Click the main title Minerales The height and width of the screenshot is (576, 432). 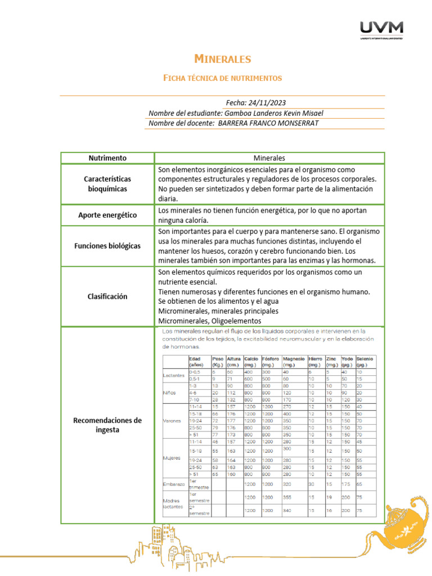tap(222, 59)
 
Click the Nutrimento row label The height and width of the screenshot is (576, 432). tap(107, 158)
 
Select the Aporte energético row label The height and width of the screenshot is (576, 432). tap(107, 215)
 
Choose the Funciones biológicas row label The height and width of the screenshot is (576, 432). tap(107, 246)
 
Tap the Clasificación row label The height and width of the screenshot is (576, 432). tap(107, 296)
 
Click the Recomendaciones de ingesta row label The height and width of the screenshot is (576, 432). tap(107, 425)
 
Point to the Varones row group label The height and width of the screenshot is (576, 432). tap(172, 420)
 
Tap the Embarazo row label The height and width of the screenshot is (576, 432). tap(174, 483)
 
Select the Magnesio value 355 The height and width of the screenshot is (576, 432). tap(287, 497)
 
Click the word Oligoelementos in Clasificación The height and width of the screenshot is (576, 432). tap(238, 321)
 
